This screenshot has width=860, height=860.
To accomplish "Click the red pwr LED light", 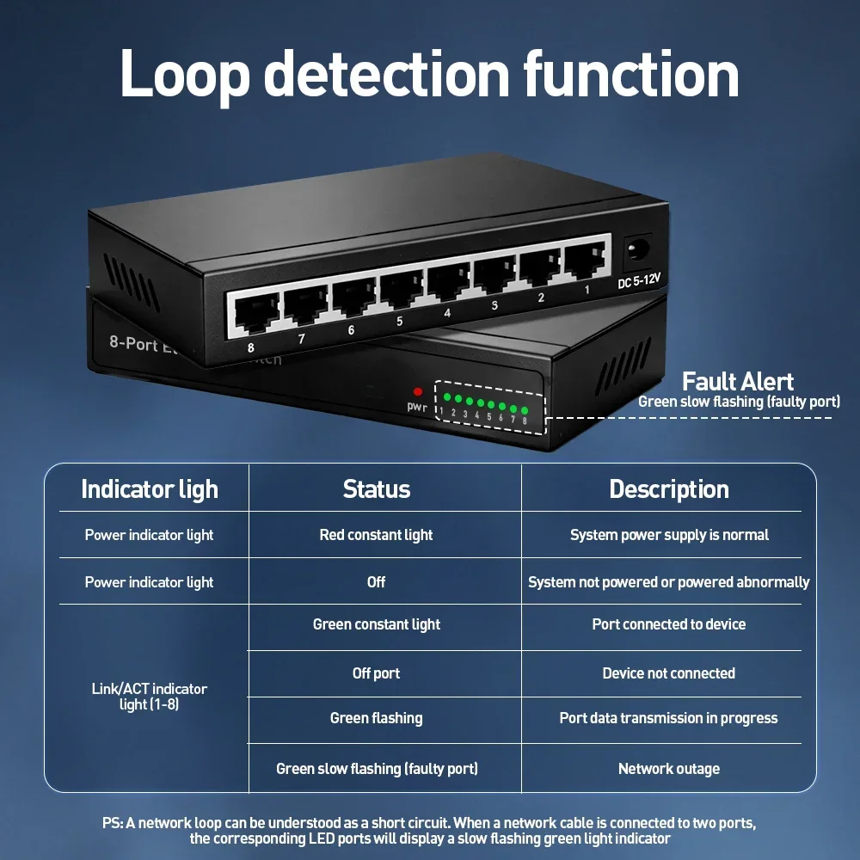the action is pyautogui.click(x=418, y=391).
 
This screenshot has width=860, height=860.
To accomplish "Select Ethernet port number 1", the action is pyautogui.click(x=585, y=261).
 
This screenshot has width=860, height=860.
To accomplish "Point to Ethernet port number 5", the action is pyautogui.click(x=402, y=291).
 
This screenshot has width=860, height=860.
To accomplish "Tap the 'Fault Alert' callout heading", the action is pyautogui.click(x=738, y=381).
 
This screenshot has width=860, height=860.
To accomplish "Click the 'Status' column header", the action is pyautogui.click(x=377, y=488).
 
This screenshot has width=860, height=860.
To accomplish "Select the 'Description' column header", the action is pyautogui.click(x=669, y=488).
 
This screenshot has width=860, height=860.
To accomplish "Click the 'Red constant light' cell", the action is pyautogui.click(x=377, y=535).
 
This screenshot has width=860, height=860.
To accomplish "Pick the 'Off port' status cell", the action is pyautogui.click(x=377, y=673).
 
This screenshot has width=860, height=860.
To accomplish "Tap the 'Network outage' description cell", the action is pyautogui.click(x=669, y=768).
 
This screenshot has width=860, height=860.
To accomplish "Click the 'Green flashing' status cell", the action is pyautogui.click(x=377, y=718).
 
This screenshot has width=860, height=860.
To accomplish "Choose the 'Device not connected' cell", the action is pyautogui.click(x=669, y=673).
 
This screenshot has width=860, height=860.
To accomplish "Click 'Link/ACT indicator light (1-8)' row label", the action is pyautogui.click(x=149, y=697).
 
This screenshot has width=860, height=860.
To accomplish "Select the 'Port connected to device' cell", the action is pyautogui.click(x=669, y=624).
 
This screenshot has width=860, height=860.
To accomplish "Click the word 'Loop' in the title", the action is pyautogui.click(x=185, y=75).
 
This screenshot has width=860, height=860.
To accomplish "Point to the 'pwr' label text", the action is pyautogui.click(x=417, y=407).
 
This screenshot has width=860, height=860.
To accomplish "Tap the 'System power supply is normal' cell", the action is pyautogui.click(x=669, y=535).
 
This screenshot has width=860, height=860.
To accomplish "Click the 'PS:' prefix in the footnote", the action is pyautogui.click(x=113, y=823).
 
